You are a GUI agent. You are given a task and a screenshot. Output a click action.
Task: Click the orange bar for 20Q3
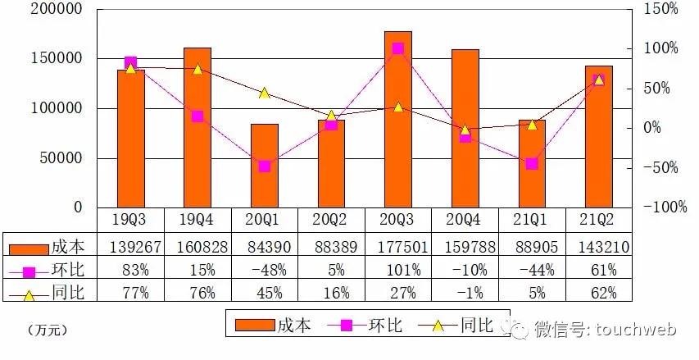[397, 123]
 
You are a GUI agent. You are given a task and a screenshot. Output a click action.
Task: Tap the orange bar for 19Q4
[197, 131]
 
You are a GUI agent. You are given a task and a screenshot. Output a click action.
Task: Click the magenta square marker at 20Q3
[397, 48]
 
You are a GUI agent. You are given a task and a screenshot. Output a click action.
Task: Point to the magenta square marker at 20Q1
[264, 166]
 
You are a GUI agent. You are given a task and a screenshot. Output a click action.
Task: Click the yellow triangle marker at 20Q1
[264, 93]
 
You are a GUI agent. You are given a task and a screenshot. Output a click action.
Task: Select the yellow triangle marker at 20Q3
[397, 107]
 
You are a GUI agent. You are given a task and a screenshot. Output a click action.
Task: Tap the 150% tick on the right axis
[660, 10]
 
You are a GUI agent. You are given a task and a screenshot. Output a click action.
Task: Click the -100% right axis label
[664, 207]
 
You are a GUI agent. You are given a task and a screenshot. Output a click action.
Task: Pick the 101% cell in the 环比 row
[397, 270]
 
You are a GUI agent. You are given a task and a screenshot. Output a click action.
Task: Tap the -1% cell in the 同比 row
[465, 293]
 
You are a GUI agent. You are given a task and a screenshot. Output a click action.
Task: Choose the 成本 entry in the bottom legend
[275, 326]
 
